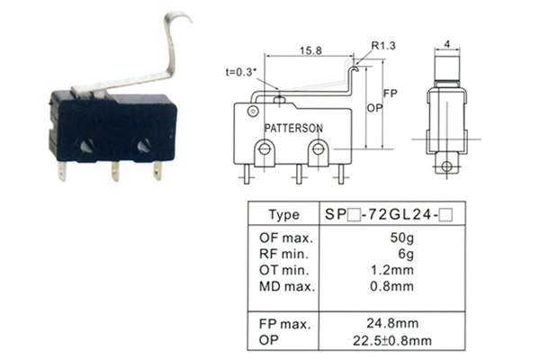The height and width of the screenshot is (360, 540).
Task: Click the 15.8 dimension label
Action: coord(310,50)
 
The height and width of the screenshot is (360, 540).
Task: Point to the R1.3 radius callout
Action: coord(383,46)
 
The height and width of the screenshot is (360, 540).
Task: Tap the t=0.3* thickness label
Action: coord(241,72)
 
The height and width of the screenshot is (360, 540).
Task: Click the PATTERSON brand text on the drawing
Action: coord(293,129)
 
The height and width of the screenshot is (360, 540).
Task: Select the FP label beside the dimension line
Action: coord(391,94)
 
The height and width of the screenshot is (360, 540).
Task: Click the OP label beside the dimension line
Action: coord(374,108)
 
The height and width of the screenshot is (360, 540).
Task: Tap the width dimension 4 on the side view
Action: coord(447,44)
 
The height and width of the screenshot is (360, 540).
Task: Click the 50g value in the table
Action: coord(402,238)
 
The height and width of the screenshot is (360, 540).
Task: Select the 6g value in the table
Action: coord(406,254)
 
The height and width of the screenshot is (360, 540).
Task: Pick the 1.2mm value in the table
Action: coord(391,270)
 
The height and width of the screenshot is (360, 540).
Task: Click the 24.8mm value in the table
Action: coord(392,323)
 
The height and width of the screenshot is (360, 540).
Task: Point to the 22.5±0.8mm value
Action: coord(392,341)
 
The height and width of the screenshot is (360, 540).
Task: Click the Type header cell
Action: coord(284,214)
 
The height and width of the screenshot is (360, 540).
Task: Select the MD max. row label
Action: coord(287,286)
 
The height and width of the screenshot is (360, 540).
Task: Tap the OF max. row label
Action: coord(286,238)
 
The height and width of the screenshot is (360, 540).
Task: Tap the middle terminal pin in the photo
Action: coord(115,171)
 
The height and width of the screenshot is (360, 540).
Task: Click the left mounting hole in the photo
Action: coord(86,146)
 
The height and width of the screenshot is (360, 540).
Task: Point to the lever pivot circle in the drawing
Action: coord(253,111)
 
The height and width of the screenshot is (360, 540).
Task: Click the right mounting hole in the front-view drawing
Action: coord(318,149)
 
